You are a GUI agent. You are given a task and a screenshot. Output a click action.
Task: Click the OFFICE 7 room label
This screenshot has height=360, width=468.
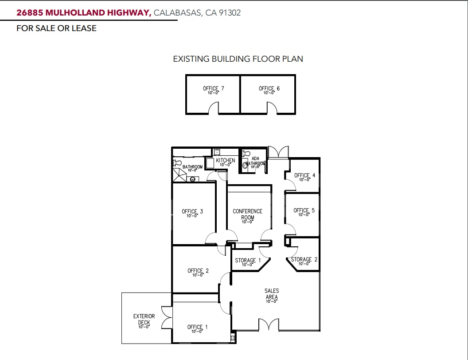[214, 89]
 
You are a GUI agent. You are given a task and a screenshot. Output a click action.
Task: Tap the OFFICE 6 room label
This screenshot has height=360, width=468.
[269, 89]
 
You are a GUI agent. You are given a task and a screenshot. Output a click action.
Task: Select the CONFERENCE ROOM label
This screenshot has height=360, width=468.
[248, 214]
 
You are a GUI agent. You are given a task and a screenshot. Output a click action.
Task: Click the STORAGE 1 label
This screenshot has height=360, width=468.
[248, 261]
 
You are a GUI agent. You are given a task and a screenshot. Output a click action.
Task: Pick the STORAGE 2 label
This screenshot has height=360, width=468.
[304, 260]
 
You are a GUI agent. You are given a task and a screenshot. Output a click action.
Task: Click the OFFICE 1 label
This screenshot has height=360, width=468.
[197, 328]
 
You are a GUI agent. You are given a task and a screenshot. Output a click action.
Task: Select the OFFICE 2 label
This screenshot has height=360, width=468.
[198, 271]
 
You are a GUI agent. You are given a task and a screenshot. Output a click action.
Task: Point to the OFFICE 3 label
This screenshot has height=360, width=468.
[192, 212]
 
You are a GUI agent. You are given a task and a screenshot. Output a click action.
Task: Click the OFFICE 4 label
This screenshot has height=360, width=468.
[304, 176]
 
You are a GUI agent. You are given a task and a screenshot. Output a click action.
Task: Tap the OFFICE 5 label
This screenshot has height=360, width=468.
[304, 210]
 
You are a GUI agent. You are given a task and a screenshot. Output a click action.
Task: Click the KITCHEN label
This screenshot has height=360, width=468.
[226, 161]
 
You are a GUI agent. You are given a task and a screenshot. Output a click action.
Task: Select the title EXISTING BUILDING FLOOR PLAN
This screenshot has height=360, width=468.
[238, 59]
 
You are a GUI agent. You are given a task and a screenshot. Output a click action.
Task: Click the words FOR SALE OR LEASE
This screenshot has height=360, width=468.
[56, 28]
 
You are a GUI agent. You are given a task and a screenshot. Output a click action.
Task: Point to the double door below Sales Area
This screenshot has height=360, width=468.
[269, 324]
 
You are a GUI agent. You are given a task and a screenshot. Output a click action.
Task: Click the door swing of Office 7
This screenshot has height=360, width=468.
[214, 108]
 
